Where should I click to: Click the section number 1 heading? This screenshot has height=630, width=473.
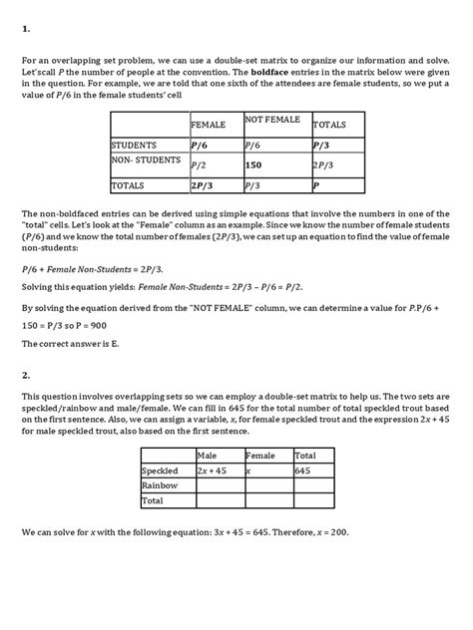click(25, 29)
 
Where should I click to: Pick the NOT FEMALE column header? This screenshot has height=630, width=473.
click(272, 120)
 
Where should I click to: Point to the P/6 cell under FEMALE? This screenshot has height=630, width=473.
click(200, 146)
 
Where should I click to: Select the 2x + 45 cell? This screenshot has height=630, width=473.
click(217, 469)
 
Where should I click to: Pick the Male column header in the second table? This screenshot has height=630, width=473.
click(209, 455)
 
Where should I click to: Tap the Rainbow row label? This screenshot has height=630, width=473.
click(160, 484)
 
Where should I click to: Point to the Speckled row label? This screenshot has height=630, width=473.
click(161, 469)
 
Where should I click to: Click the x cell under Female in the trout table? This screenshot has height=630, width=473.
click(249, 469)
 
